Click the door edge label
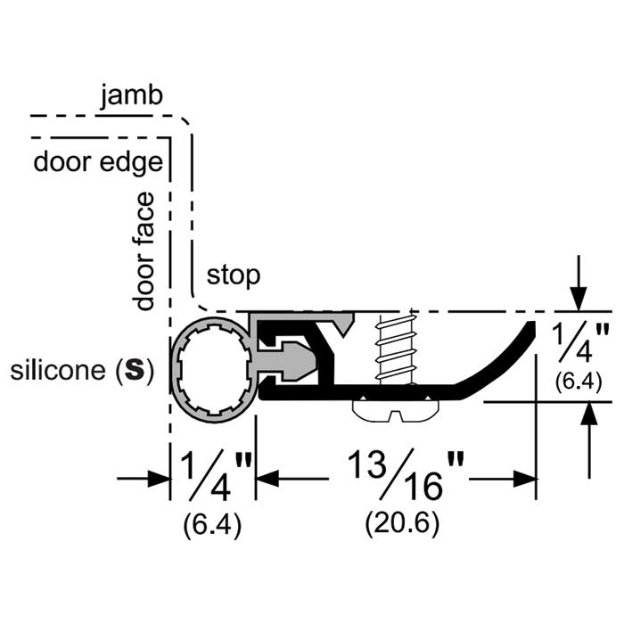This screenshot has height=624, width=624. point(98,162)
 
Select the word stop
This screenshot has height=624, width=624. point(233,275)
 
